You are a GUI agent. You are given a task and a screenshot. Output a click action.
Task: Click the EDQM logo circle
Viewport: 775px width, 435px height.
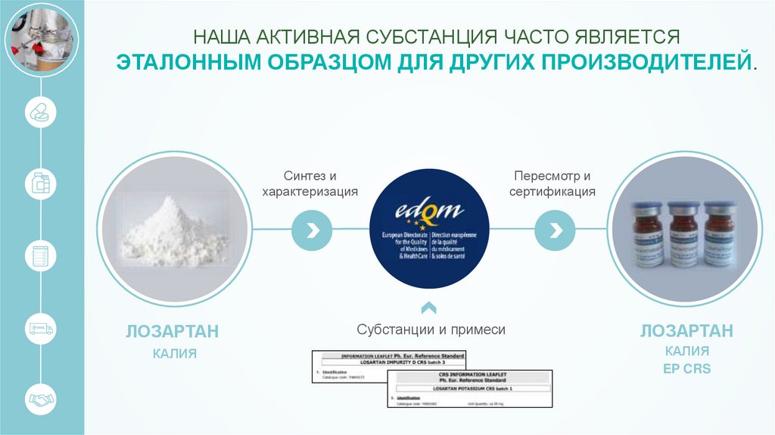(x=428, y=228)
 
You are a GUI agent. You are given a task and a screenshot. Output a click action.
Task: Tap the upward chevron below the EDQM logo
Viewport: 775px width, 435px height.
(x=428, y=307)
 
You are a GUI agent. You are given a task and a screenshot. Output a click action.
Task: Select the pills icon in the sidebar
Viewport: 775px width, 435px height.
(x=41, y=114)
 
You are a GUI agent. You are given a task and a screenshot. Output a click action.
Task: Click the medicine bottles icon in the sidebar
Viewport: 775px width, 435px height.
(x=41, y=184)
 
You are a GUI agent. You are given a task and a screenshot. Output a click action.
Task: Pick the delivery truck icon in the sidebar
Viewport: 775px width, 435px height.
(x=41, y=327)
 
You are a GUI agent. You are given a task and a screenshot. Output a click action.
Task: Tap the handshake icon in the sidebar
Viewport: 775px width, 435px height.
(x=41, y=399)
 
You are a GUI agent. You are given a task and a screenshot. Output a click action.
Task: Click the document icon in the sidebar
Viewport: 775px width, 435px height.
(x=41, y=255)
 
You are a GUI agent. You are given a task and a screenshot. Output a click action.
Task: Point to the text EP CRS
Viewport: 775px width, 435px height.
(x=686, y=369)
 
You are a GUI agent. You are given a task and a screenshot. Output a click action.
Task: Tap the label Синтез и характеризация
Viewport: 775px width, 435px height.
(x=310, y=184)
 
